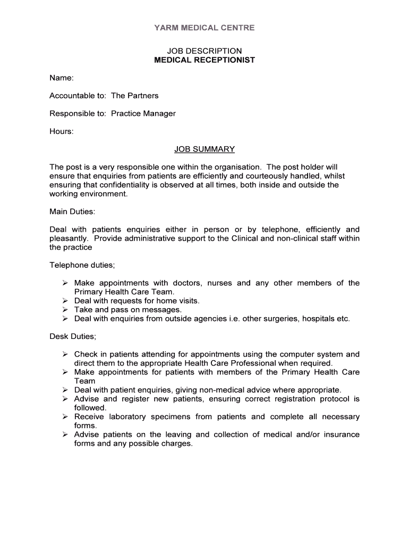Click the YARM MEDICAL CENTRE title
pyautogui.click(x=204, y=28)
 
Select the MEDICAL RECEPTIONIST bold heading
pyautogui.click(x=204, y=60)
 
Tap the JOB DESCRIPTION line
pyautogui.click(x=204, y=51)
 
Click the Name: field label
pyautogui.click(x=61, y=78)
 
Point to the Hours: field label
pyautogui.click(x=62, y=131)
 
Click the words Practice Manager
pyautogui.click(x=143, y=114)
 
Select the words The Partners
pyautogui.click(x=135, y=96)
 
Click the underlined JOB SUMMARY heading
pyautogui.click(x=204, y=149)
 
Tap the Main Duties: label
pyautogui.click(x=72, y=211)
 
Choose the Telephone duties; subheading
pyautogui.click(x=82, y=265)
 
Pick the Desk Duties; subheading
pyautogui.click(x=73, y=336)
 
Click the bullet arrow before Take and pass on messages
pyautogui.click(x=65, y=310)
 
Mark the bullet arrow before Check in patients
pyautogui.click(x=65, y=354)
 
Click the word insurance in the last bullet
pyautogui.click(x=342, y=435)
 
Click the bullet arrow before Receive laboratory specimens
pyautogui.click(x=65, y=416)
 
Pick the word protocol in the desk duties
pyautogui.click(x=329, y=399)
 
